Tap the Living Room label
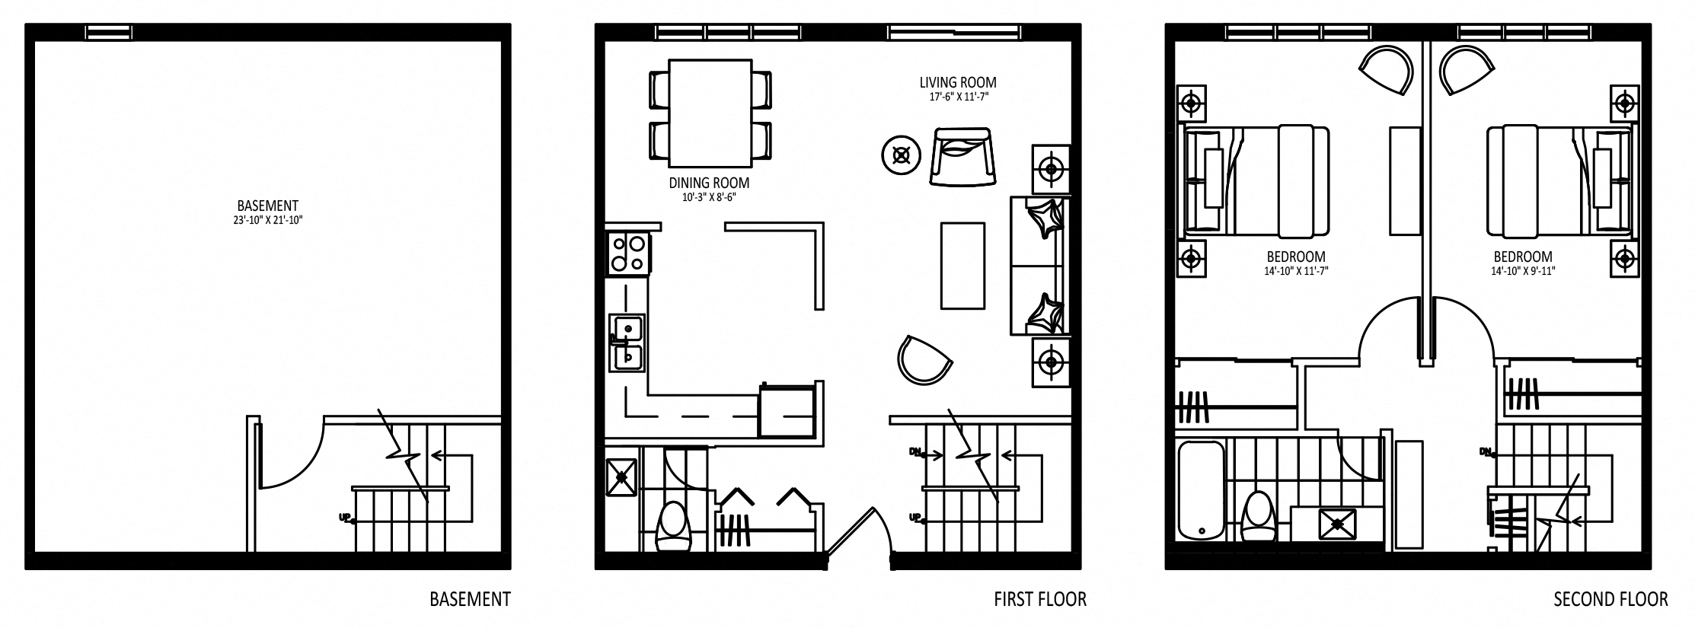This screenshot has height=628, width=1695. (958, 82)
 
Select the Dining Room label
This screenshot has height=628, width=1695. (709, 183)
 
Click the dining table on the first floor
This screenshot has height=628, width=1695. (710, 113)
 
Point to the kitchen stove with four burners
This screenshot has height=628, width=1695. (629, 253)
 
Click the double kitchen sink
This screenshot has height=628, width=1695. (627, 343)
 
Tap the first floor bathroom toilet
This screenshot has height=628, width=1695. (672, 525)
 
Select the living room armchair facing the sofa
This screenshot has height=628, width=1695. (962, 158)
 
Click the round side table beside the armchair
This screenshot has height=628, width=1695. (902, 156)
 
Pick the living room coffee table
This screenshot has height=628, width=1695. (962, 265)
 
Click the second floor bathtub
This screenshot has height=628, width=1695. (1201, 491)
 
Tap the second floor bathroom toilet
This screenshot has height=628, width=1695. (1257, 518)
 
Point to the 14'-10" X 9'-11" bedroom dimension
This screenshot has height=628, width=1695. (1523, 270)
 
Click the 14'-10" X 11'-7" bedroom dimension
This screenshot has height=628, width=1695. (1296, 270)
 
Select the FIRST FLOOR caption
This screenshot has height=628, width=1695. (1040, 600)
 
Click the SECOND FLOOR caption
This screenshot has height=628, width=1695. (1610, 600)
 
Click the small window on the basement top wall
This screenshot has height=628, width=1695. (109, 32)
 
